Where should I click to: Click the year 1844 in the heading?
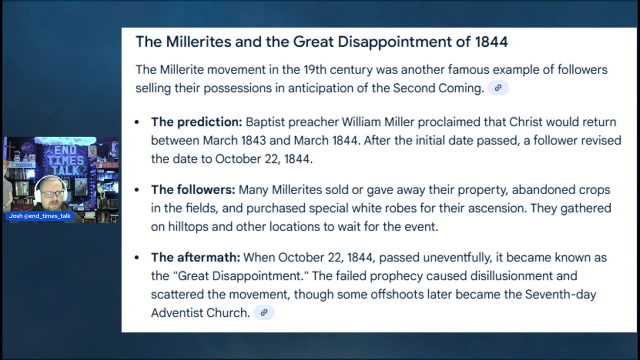click(491, 41)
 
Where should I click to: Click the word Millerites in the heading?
click(198, 41)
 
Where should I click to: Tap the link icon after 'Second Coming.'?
click(498, 87)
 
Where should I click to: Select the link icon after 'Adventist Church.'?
click(264, 312)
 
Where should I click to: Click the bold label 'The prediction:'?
click(196, 122)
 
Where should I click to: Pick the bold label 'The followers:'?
click(193, 189)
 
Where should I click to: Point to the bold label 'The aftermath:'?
click(195, 257)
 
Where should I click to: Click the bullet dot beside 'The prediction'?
click(137, 122)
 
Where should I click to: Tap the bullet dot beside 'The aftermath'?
click(137, 257)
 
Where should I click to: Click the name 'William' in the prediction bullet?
click(361, 122)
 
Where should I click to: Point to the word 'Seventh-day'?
click(560, 294)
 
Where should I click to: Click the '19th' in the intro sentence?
click(315, 69)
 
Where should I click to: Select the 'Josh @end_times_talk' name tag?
click(39, 216)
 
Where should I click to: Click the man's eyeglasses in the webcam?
click(53, 193)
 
